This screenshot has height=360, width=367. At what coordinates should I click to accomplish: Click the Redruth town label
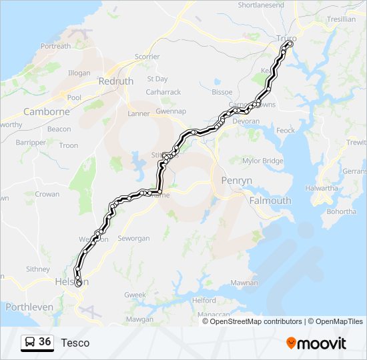pyautogui.click(x=115, y=81)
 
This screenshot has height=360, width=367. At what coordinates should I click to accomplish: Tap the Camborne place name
pyautogui.click(x=47, y=112)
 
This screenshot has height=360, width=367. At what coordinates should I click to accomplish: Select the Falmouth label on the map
pyautogui.click(x=270, y=200)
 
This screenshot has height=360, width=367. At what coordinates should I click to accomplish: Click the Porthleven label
pyautogui.click(x=29, y=307)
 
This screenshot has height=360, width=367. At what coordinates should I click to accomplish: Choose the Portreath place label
pyautogui.click(x=55, y=47)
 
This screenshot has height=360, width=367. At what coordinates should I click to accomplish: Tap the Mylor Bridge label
pyautogui.click(x=263, y=161)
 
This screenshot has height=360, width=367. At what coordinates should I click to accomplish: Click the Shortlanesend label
pyautogui.click(x=261, y=5)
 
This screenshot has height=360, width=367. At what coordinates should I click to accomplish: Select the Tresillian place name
pyautogui.click(x=342, y=19)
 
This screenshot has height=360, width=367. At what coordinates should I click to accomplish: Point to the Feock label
pyautogui.click(x=285, y=130)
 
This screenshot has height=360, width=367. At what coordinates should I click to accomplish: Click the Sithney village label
pyautogui.click(x=37, y=269)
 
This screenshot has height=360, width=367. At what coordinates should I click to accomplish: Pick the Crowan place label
pyautogui.click(x=47, y=195)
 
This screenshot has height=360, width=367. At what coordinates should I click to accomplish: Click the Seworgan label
pyautogui.click(x=134, y=238)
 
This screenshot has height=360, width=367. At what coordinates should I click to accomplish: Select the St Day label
pyautogui.click(x=157, y=79)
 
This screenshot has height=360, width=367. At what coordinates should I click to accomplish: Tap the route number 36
pyautogui.click(x=45, y=342)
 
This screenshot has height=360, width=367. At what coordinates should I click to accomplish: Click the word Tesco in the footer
pyautogui.click(x=75, y=343)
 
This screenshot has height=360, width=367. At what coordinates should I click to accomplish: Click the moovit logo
pyautogui.click(x=316, y=343)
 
